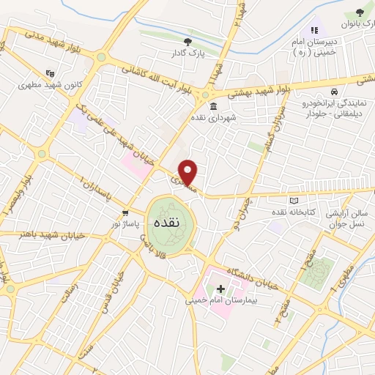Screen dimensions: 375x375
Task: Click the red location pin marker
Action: click(189, 172)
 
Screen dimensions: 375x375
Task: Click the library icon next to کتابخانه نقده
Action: click(294, 200)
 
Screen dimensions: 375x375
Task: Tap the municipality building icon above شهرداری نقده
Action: click(213, 106)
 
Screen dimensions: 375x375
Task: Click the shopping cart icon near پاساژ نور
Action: click(127, 212)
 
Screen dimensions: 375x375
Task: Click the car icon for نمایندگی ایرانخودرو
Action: click(334, 92)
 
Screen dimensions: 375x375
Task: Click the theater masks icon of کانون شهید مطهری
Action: click(49, 73)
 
